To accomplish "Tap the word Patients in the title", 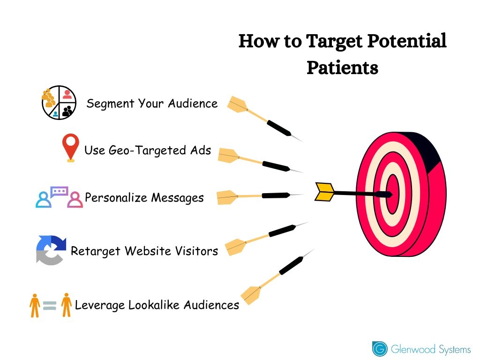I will pyautogui.click(x=342, y=67).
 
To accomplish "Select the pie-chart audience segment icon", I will pyautogui.click(x=59, y=103).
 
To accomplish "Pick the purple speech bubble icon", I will pyautogui.click(x=60, y=191).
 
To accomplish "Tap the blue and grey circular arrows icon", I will pyautogui.click(x=51, y=250).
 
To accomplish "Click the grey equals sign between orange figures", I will pyautogui.click(x=50, y=306).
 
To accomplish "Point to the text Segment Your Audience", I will pyautogui.click(x=152, y=103).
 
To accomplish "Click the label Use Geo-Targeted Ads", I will pyautogui.click(x=148, y=150).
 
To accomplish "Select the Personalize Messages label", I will pyautogui.click(x=144, y=197).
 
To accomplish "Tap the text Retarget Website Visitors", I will pyautogui.click(x=144, y=251).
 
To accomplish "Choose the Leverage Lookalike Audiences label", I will pyautogui.click(x=157, y=305).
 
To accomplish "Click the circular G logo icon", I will pyautogui.click(x=380, y=349).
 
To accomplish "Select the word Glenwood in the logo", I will pyautogui.click(x=412, y=349).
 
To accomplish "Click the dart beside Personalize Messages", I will pyautogui.click(x=258, y=196).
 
